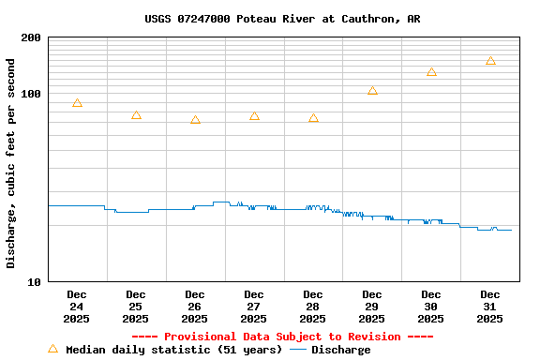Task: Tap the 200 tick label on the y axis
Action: (x=31, y=37)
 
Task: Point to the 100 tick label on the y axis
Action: (x=31, y=94)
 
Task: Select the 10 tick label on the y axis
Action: (x=35, y=281)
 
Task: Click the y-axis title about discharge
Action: (x=11, y=163)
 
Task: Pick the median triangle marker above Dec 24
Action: (x=77, y=103)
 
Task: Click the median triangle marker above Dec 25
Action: (x=136, y=115)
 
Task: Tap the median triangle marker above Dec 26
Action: (x=195, y=120)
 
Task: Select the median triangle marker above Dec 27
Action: (x=254, y=116)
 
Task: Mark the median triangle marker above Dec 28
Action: (x=313, y=118)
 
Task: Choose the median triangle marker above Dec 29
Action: (x=372, y=91)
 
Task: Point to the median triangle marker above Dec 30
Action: (x=431, y=72)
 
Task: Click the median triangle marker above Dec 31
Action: (x=490, y=61)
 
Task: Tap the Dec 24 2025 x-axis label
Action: (x=77, y=307)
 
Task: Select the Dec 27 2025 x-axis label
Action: (x=254, y=307)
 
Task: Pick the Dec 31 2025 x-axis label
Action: (x=490, y=307)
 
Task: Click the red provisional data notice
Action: (x=282, y=337)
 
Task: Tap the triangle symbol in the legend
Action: (x=52, y=349)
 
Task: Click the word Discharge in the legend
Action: (x=340, y=350)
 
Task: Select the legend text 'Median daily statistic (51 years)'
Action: (x=173, y=350)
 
